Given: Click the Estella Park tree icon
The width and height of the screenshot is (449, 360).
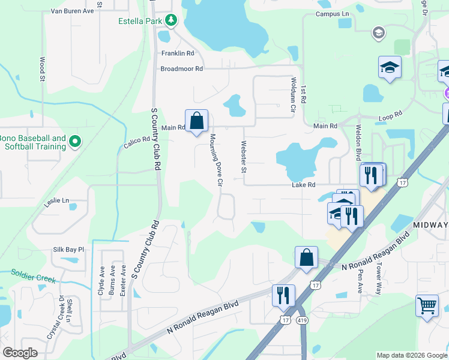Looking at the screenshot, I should pos(171,20).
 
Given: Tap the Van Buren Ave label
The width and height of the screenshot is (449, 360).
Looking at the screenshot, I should pos(72,11).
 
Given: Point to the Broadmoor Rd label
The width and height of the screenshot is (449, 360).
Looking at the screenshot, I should pos(181,69).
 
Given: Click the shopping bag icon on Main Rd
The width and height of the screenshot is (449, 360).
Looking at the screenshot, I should pos(196,121).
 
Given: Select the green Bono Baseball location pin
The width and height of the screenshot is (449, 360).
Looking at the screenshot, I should pos(75,142).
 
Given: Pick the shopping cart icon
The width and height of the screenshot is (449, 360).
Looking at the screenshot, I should pos(427,305).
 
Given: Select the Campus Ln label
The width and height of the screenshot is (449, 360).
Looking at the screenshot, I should pos(331,13).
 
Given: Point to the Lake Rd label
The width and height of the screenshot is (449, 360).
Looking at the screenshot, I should pos(303,185).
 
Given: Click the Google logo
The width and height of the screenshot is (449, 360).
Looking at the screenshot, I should pos(20,353).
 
